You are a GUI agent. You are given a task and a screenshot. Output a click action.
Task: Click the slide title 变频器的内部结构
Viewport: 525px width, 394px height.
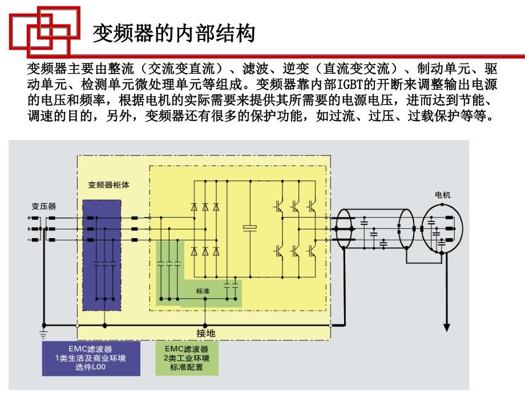(174, 33)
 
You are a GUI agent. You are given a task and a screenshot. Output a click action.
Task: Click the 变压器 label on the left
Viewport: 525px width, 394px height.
(43, 206)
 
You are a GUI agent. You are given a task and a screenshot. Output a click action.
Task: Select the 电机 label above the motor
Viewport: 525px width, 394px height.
(442, 195)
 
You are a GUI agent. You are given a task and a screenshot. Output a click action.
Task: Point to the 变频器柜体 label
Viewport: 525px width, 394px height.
(108, 185)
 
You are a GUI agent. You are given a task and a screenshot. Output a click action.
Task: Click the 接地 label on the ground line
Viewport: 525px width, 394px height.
(205, 333)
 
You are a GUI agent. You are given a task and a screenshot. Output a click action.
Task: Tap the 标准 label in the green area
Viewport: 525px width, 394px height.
(203, 291)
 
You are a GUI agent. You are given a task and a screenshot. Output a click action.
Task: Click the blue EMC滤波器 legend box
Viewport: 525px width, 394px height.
(91, 358)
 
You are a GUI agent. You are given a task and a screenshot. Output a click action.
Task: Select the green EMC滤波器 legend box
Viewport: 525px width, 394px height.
(187, 358)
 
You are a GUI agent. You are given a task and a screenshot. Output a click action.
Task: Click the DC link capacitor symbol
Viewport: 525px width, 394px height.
(250, 228)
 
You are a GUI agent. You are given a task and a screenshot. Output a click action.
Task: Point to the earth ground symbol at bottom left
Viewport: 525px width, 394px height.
(43, 333)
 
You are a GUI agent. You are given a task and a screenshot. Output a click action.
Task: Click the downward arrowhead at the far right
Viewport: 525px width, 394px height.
(446, 327)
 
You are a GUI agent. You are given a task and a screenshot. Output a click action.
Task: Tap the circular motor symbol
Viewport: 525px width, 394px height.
(442, 228)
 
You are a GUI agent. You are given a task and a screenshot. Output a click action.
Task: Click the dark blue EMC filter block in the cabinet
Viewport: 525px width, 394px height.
(102, 255)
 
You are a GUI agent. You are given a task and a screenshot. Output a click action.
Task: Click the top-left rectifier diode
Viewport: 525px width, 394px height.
(194, 207)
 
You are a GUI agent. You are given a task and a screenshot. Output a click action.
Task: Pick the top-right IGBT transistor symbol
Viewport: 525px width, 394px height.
(312, 206)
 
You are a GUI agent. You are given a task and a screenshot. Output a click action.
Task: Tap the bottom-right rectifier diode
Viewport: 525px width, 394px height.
(216, 251)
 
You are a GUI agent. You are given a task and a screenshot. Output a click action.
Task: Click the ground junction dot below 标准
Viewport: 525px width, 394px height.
(205, 325)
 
